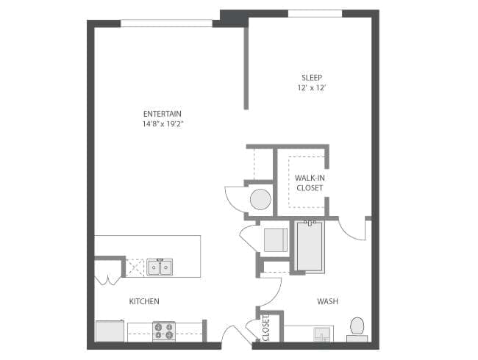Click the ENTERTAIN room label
tap(163, 114)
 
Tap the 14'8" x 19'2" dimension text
tap(163, 124)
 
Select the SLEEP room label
tap(312, 78)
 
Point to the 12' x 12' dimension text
tap(312, 87)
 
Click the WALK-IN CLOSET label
tap(310, 183)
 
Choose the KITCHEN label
tap(144, 301)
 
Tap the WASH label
tap(327, 301)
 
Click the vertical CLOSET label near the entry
tap(265, 328)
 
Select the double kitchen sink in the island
tap(160, 267)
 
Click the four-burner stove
tap(164, 331)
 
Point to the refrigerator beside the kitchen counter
tap(110, 331)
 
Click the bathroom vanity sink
tap(322, 334)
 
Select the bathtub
tap(310, 246)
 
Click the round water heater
tap(260, 200)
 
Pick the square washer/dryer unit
tap(276, 240)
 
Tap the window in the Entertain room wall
tap(166, 24)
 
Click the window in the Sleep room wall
tap(315, 13)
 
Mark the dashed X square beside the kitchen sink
tap(135, 267)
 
